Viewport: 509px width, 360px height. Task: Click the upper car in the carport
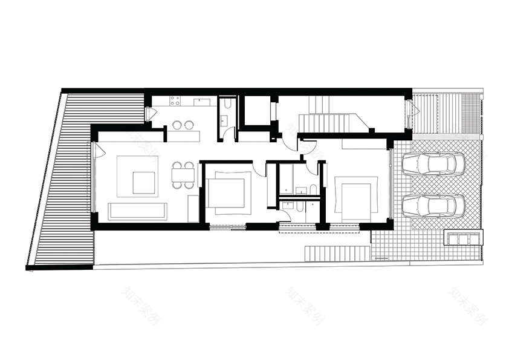pyautogui.click(x=433, y=164)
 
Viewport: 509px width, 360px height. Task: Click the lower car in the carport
pyautogui.click(x=433, y=206)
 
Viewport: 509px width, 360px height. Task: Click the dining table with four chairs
pyautogui.click(x=183, y=175)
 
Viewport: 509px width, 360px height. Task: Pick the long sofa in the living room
pyautogui.click(x=137, y=211)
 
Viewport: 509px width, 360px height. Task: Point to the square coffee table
pyautogui.click(x=143, y=182)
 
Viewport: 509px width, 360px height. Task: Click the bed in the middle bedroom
pyautogui.click(x=229, y=193)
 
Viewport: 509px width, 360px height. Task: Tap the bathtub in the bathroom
pyautogui.click(x=285, y=178)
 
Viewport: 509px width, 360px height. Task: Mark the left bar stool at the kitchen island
pyautogui.click(x=177, y=125)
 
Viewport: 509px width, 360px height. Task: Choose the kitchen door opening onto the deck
pyautogui.click(x=150, y=113)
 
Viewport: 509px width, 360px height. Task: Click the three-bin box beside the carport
pyautogui.click(x=464, y=238)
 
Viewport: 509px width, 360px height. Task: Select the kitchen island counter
pyautogui.click(x=184, y=136)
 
